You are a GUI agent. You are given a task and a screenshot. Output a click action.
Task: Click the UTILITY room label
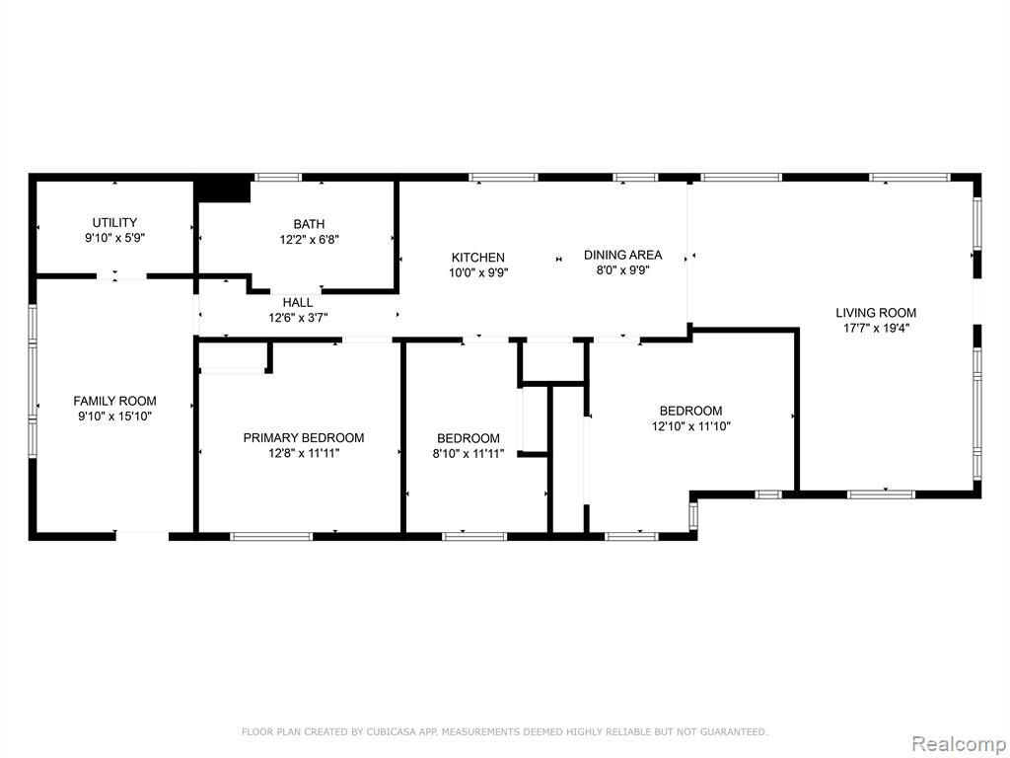(114, 223)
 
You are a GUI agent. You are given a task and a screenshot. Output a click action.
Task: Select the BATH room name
(309, 224)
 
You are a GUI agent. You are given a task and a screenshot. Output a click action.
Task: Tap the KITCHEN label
(478, 258)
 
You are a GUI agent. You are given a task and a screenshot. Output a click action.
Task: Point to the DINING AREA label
(623, 256)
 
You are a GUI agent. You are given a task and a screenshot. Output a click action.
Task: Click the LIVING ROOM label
(876, 313)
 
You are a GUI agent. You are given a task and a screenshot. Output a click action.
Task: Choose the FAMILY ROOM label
(114, 402)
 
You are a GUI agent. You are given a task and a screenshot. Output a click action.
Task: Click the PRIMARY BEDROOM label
(304, 438)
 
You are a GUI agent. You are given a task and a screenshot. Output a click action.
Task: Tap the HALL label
(298, 303)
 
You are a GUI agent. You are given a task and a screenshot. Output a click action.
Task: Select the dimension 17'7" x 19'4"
(876, 329)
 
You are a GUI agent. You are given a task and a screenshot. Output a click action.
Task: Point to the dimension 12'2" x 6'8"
(309, 240)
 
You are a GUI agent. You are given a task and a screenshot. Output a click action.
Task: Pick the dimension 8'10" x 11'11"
(469, 454)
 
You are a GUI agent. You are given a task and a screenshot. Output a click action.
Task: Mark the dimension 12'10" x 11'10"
(691, 426)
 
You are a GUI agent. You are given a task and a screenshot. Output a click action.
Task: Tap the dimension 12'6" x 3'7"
(298, 318)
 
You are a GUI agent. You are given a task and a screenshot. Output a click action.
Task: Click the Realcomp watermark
(959, 744)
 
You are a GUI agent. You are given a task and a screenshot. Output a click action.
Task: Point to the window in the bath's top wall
(278, 178)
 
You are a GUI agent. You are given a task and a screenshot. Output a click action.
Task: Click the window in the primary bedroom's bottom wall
(271, 536)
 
